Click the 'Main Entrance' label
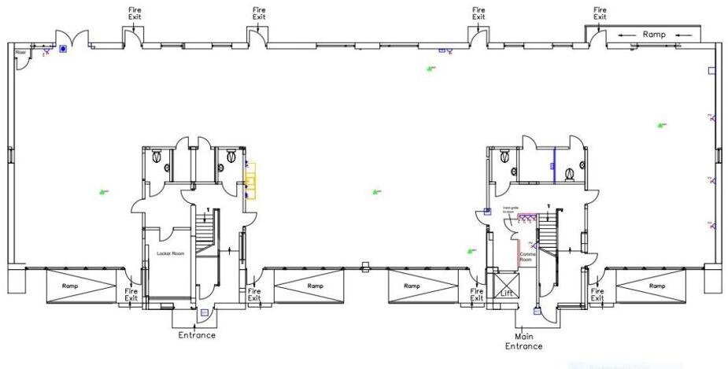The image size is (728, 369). point(523,341)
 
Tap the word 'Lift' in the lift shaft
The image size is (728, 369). point(507,293)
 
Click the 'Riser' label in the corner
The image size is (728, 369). point(20,53)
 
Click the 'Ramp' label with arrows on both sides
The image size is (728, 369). point(654,35)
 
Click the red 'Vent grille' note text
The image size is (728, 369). point(509,210)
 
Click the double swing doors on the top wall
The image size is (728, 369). point(70,37)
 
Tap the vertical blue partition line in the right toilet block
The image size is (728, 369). point(554,164)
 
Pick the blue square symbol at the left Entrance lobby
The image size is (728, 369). point(204,312)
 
